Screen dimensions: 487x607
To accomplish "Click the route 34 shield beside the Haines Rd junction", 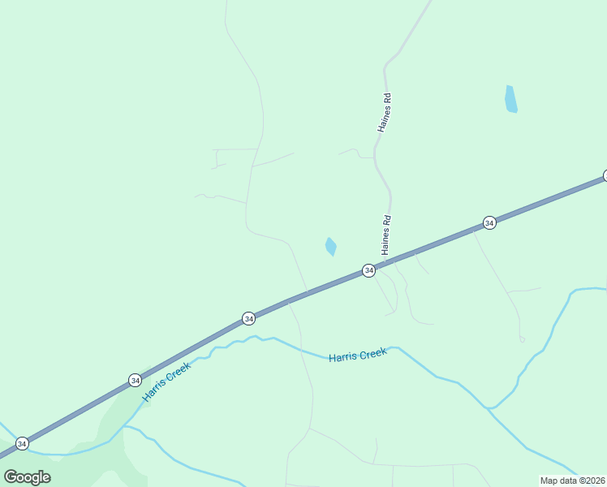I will (x=368, y=270).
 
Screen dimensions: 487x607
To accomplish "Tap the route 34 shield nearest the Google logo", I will (x=22, y=443).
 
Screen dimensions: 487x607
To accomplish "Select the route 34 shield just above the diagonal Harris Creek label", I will (x=135, y=380).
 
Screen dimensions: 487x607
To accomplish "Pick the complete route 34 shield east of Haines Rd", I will (x=489, y=222).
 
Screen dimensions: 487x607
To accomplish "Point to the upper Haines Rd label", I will (x=384, y=113).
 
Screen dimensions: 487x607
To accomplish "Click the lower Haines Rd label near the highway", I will (x=387, y=235).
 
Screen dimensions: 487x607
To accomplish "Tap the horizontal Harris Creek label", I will (x=357, y=356).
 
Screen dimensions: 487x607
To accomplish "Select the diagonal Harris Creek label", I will (x=166, y=381).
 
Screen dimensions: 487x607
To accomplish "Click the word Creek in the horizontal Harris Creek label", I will (x=372, y=355).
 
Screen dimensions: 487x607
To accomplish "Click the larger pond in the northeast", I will (x=510, y=99).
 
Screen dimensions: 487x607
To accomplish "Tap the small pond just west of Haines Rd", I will (x=330, y=246).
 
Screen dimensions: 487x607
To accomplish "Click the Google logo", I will (x=27, y=477).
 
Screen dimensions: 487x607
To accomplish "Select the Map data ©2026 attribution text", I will (x=573, y=481).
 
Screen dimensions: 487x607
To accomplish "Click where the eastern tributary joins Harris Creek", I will (x=489, y=407).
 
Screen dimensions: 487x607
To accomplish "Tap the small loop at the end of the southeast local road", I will (x=522, y=339).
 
